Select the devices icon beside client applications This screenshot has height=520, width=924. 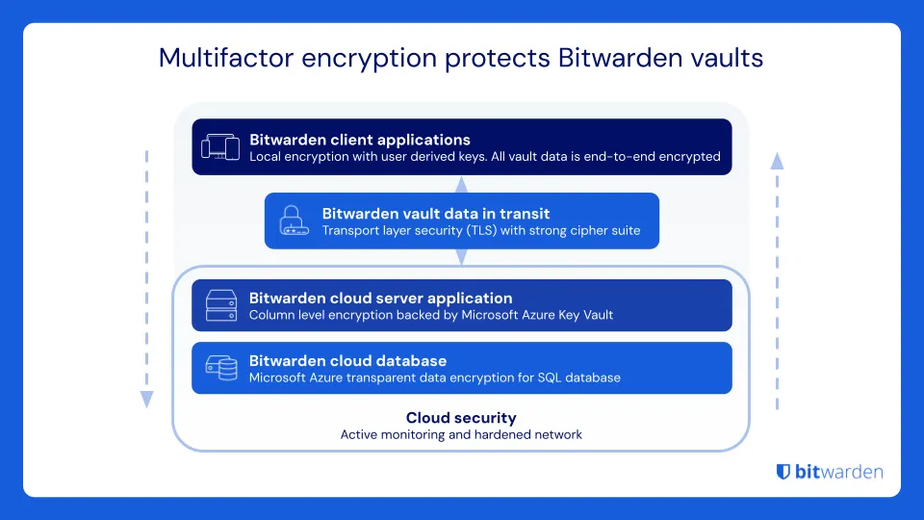pos(219,146)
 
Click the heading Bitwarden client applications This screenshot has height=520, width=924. pos(360,140)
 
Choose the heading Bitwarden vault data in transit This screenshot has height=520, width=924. pos(436,214)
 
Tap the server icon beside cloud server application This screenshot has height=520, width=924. pos(220,305)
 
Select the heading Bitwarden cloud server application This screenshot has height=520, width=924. pos(380,299)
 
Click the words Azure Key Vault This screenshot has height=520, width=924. pos(570,315)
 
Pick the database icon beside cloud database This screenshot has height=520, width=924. pos(220,368)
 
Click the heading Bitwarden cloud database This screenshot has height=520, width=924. pos(347,361)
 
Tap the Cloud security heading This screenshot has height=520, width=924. pos(461,418)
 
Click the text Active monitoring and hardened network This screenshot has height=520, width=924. pos(461,434)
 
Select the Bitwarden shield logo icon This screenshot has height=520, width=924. pos(783,472)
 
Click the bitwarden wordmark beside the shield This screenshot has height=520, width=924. pos(840,472)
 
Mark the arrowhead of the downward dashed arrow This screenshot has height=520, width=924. pos(146,400)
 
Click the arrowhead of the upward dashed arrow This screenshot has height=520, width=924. pos(777,160)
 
